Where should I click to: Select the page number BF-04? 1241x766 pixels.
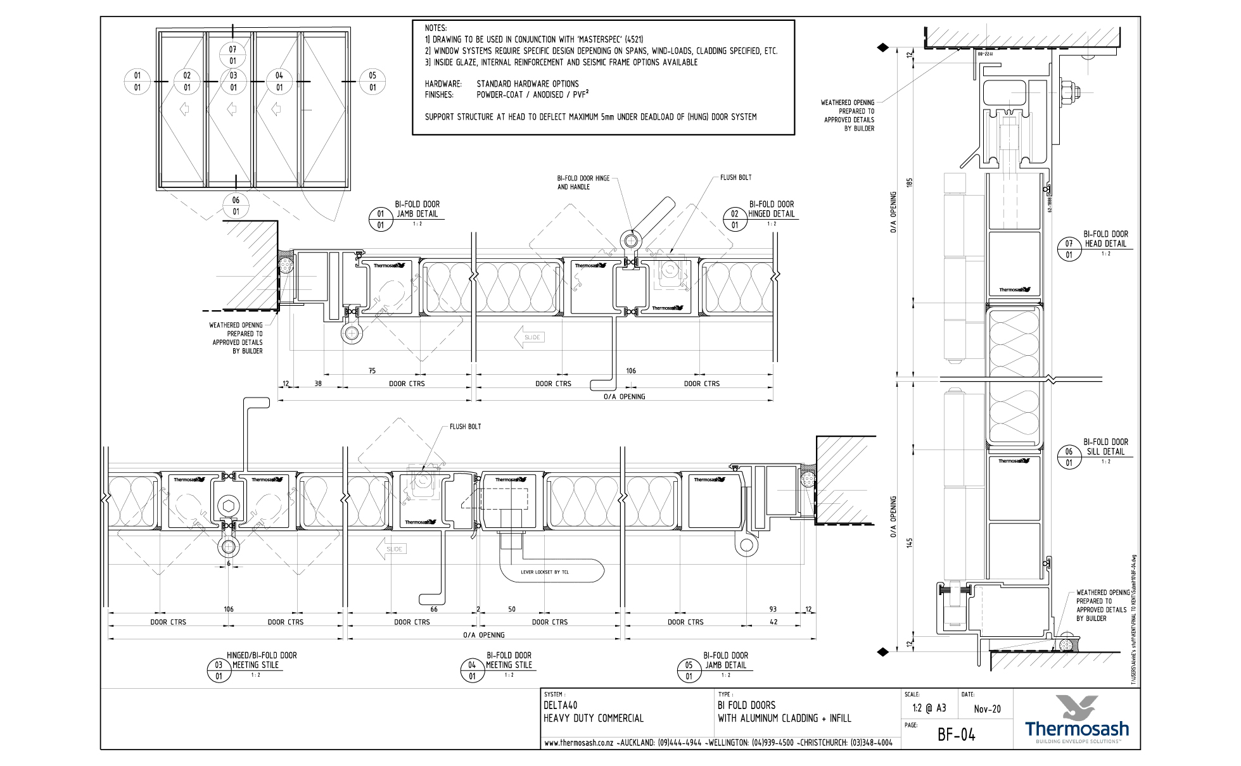956,734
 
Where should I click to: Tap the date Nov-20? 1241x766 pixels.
987,709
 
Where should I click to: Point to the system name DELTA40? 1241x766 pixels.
560,705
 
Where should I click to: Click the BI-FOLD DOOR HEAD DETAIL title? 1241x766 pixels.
1105,239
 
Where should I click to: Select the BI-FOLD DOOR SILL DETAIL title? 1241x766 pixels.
1105,447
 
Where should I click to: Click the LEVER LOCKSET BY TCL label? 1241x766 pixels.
544,572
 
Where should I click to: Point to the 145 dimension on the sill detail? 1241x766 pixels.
910,543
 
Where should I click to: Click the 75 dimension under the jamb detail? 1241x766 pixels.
372,371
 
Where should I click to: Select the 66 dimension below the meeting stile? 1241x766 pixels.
434,610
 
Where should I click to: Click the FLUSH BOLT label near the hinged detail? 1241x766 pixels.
735,178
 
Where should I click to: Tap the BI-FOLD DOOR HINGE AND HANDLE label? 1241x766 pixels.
583,182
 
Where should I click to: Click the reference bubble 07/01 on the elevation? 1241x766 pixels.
233,55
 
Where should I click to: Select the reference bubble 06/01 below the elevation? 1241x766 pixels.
236,206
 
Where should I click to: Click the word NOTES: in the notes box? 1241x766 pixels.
436,28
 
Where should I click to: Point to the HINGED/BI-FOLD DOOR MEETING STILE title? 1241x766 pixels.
261,660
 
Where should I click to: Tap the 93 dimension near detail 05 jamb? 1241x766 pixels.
773,610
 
